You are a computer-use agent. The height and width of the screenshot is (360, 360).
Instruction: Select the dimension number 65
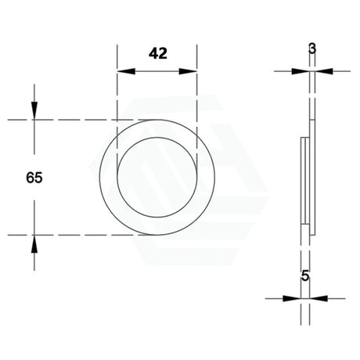(34, 178)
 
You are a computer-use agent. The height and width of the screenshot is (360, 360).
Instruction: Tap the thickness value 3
(312, 49)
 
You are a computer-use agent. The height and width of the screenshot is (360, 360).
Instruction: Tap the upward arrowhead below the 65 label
(34, 242)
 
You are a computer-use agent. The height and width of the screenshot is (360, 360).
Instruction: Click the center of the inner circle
(157, 177)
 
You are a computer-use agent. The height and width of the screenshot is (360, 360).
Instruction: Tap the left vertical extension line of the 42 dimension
(117, 94)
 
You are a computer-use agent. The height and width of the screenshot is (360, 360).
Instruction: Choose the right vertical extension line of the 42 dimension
(196, 94)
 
